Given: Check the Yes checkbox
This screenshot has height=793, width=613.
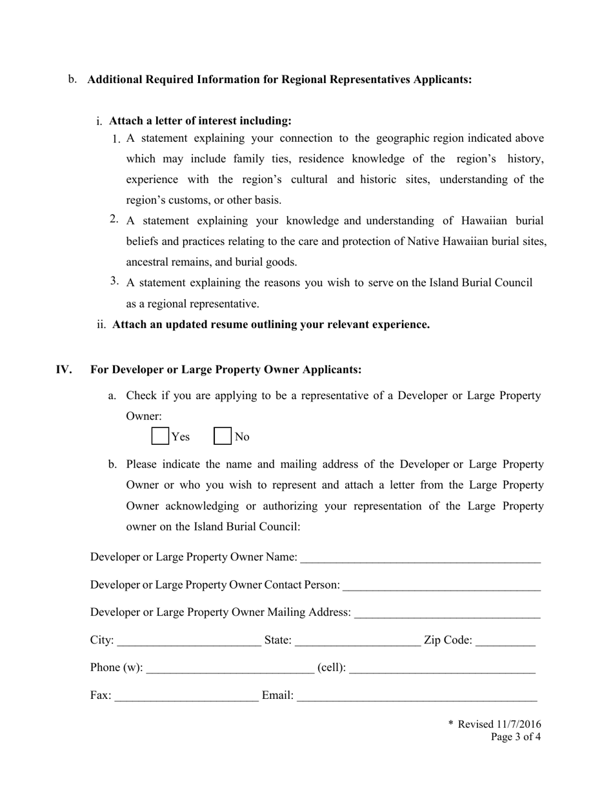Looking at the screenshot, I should [x=160, y=436].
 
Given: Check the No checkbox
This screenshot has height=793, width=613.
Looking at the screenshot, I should [x=223, y=436].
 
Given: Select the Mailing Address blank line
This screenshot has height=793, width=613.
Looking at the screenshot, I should [x=447, y=613].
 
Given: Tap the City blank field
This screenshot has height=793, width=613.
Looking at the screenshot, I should [x=189, y=641].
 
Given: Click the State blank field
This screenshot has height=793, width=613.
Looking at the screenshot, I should [x=357, y=641].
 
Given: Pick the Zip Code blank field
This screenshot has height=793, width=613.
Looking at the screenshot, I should [x=505, y=641].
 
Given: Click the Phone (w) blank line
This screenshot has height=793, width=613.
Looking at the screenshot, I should [x=230, y=669].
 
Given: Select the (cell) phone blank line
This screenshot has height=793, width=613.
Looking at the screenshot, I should [x=442, y=669].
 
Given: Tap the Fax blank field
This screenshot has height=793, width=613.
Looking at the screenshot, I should [x=186, y=697].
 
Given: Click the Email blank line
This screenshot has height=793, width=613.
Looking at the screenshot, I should [x=417, y=697].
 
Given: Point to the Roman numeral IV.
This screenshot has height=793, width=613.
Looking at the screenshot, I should [x=63, y=369].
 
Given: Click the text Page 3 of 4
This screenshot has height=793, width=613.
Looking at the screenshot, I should [x=515, y=738].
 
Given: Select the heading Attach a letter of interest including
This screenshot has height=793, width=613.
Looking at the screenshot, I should [x=200, y=121].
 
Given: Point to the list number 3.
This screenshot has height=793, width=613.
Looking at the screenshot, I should [x=114, y=280].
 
